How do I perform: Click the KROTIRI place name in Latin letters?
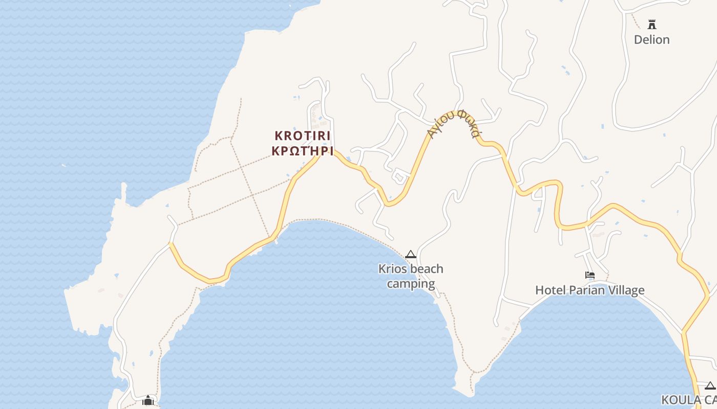tap(303, 136)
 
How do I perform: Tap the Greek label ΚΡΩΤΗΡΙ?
tap(303, 151)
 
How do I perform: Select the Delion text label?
tap(651, 40)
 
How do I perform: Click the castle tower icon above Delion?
tap(652, 25)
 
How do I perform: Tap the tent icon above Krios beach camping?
tap(411, 254)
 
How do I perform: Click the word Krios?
tap(391, 269)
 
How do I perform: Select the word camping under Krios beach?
tap(411, 284)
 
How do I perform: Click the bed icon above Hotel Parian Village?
tap(590, 275)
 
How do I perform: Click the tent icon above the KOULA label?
tap(710, 385)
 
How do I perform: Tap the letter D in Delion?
tap(638, 40)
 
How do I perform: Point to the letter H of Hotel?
tap(539, 290)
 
